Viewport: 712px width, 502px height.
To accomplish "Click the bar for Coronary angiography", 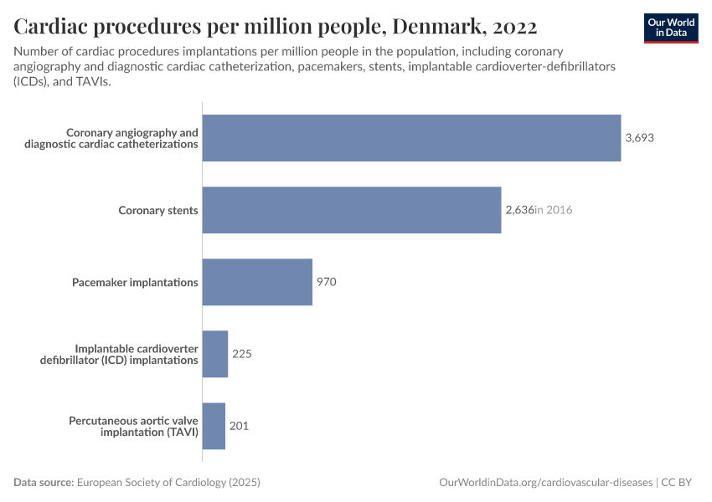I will (x=411, y=138).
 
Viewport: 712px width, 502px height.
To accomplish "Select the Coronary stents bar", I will (x=352, y=210).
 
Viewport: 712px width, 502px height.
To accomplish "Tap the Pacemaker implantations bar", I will (x=257, y=282).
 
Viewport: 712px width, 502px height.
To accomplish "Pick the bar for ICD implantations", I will (x=215, y=354).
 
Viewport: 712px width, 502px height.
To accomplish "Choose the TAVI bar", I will (x=214, y=426).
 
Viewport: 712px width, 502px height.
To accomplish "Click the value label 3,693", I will (x=639, y=138).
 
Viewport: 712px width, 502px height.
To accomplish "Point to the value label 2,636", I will (x=519, y=210).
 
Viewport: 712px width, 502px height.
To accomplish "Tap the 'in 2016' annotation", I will (x=554, y=210).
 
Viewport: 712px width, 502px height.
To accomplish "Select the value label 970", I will (x=326, y=282).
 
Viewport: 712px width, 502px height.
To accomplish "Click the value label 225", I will (x=241, y=354).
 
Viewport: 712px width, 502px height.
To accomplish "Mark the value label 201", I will (x=239, y=426).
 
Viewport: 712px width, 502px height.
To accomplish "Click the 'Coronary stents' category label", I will (x=158, y=210).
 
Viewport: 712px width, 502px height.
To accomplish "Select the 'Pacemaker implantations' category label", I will (x=135, y=282).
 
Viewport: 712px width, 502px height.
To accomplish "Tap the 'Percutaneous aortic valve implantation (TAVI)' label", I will (x=133, y=426).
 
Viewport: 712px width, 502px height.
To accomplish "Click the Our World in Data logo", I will (x=670, y=28).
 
